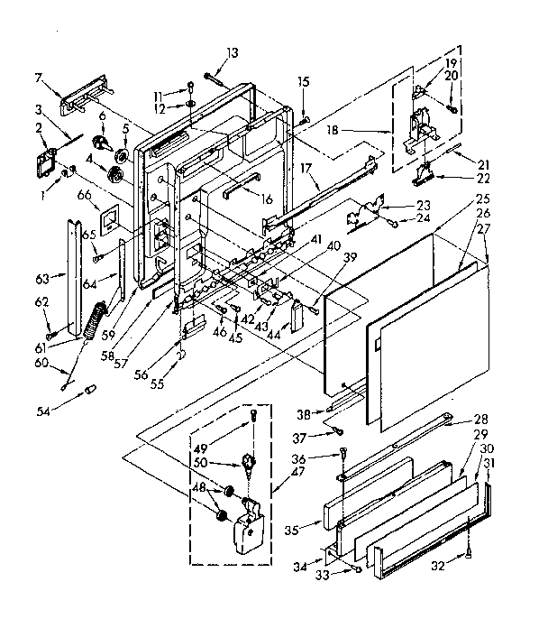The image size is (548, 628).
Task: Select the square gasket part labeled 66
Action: [108, 217]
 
